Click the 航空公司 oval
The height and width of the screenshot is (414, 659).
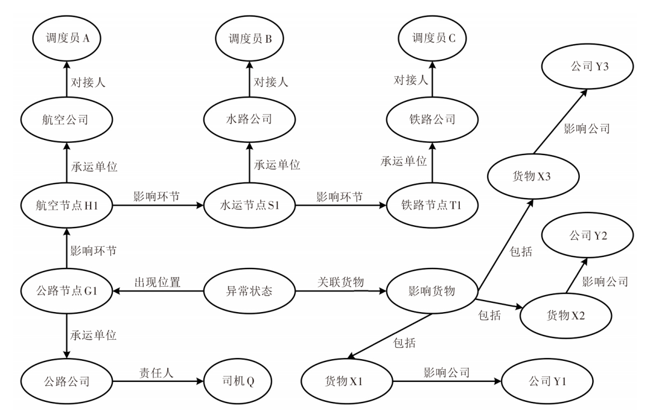(x=66, y=120)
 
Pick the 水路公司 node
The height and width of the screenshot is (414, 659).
(x=249, y=120)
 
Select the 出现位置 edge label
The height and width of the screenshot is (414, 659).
(x=158, y=282)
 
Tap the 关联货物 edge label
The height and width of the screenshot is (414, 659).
(x=340, y=282)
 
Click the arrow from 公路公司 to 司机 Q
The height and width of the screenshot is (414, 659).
(x=156, y=381)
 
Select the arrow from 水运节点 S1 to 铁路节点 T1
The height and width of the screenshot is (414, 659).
(x=340, y=205)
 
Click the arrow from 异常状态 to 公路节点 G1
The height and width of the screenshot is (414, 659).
(x=158, y=291)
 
